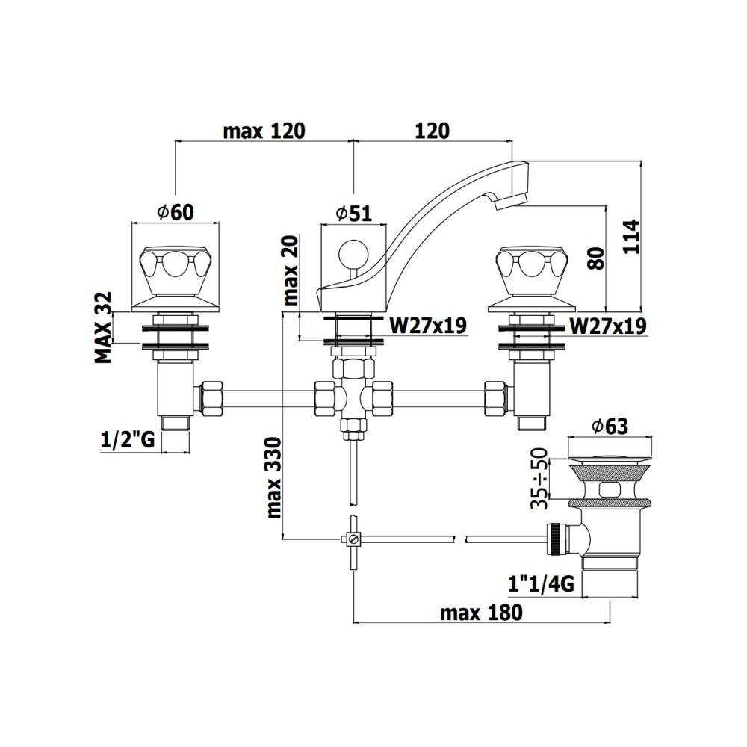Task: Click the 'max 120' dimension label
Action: (264, 131)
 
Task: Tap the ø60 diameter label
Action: (176, 213)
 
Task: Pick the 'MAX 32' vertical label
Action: (103, 326)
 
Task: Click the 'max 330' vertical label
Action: (273, 478)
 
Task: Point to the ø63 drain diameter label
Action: (609, 426)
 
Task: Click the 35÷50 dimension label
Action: (540, 479)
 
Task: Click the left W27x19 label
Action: (429, 326)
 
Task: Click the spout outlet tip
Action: (512, 199)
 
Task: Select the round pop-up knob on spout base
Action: (350, 252)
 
